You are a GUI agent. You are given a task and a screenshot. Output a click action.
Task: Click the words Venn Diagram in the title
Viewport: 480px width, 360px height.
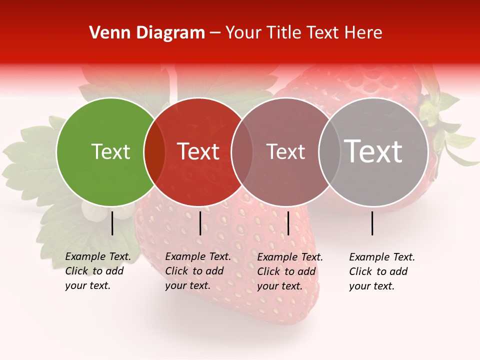(x=146, y=33)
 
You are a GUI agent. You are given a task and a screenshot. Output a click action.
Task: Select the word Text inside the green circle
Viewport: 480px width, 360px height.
(x=110, y=151)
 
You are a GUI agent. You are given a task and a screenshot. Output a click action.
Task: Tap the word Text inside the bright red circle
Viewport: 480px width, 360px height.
(x=198, y=151)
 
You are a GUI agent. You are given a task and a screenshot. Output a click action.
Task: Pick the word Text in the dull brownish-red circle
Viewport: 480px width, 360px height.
(x=285, y=151)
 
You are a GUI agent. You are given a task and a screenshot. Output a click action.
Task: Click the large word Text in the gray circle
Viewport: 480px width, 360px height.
(x=373, y=151)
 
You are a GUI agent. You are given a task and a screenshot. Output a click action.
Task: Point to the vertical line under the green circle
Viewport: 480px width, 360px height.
(x=112, y=223)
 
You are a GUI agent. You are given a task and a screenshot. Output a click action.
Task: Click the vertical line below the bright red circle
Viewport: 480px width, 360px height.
(x=200, y=223)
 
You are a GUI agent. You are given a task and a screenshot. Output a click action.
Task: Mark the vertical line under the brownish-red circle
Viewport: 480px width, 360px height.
(x=288, y=223)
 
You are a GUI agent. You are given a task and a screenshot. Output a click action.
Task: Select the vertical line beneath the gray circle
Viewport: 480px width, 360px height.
(x=372, y=223)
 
